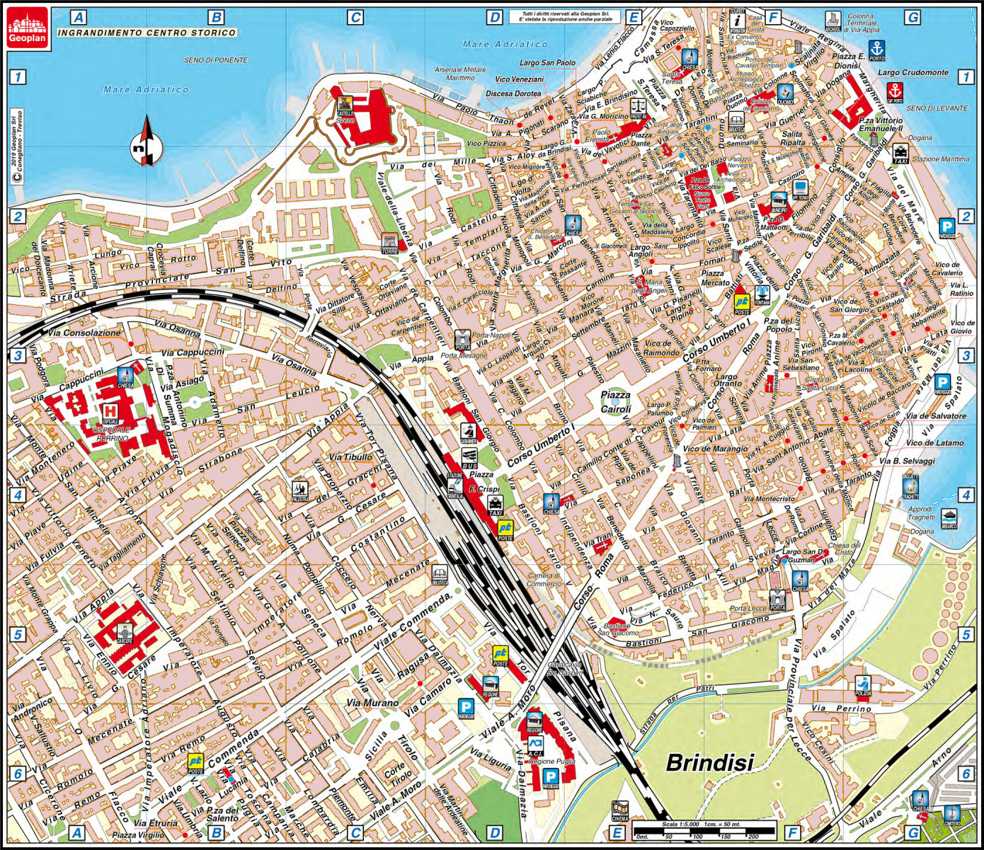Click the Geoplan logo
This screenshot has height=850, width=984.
(x=28, y=28)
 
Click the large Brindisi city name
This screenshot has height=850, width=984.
(x=710, y=762)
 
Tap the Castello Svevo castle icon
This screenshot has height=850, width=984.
(x=345, y=106)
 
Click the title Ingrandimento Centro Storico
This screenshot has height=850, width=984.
(x=147, y=33)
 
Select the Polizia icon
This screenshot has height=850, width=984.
(x=863, y=685)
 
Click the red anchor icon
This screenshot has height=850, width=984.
(x=895, y=92)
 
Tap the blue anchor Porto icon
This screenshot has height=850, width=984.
(x=877, y=49)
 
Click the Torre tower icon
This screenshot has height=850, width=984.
(x=389, y=242)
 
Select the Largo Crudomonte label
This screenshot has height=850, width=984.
(x=913, y=72)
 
